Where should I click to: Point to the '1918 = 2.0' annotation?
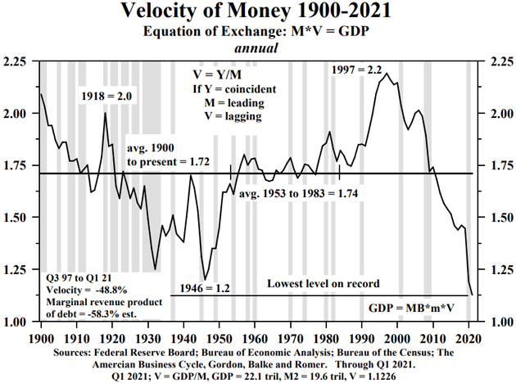click(x=106, y=97)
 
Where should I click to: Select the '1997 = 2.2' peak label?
click(x=357, y=70)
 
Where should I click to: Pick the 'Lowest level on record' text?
click(x=324, y=283)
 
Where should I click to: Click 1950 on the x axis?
click(x=219, y=338)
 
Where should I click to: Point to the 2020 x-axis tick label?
click(x=468, y=338)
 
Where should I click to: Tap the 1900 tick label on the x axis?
click(x=41, y=338)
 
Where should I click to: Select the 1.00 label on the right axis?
click(x=500, y=322)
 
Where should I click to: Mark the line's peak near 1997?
click(x=387, y=74)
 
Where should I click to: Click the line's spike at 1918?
click(x=105, y=113)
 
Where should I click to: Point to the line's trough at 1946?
click(x=205, y=279)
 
